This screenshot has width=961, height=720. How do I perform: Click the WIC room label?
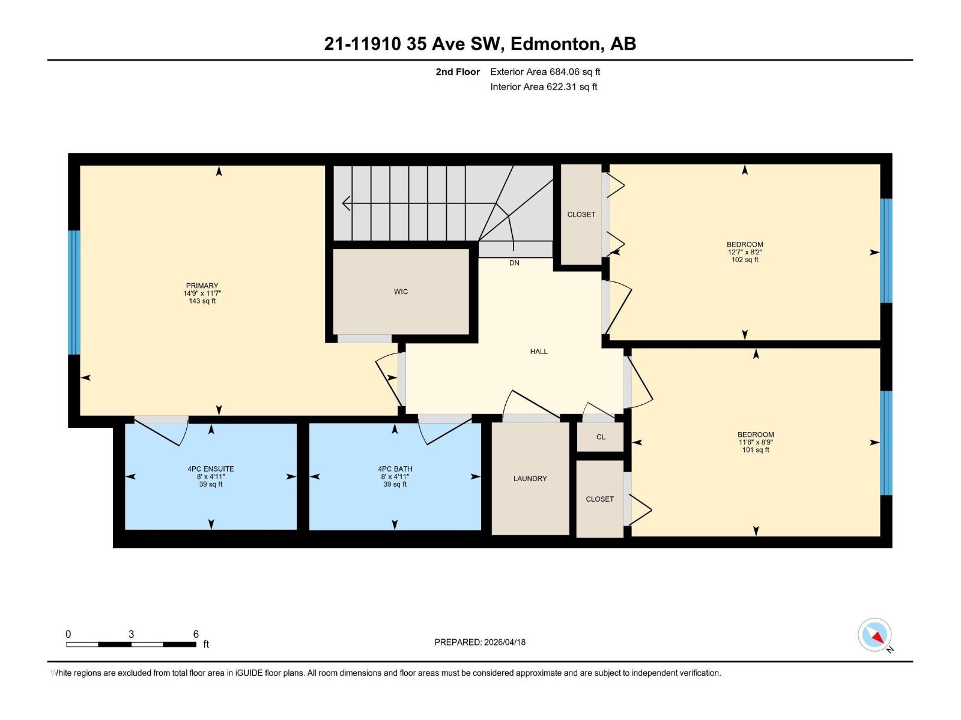[x=401, y=292]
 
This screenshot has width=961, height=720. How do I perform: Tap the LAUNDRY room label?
[x=530, y=478]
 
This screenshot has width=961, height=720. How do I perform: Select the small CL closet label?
[x=601, y=437]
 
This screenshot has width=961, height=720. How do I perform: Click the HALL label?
[x=539, y=352]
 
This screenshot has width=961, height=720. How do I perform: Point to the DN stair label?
[x=514, y=263]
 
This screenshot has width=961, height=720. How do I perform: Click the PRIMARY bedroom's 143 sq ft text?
[x=202, y=301]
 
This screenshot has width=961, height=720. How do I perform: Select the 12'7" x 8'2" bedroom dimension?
[x=745, y=252]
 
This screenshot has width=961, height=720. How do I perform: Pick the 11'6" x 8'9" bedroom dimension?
[x=756, y=442]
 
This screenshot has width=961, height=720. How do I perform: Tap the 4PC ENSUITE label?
[x=211, y=469]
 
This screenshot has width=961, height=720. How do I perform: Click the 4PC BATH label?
[x=395, y=469]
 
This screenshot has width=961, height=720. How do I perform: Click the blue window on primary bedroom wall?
[x=74, y=292]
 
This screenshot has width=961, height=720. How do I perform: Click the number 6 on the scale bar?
[x=196, y=634]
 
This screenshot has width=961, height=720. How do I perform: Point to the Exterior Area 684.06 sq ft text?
[x=545, y=72]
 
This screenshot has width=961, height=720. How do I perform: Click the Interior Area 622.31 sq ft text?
[x=544, y=87]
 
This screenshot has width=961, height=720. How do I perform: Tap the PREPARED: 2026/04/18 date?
[x=480, y=642]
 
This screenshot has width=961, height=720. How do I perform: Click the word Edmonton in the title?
[x=556, y=44]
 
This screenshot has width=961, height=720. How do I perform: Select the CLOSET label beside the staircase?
[x=581, y=214]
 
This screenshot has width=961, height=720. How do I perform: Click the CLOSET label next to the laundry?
[x=599, y=499]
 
